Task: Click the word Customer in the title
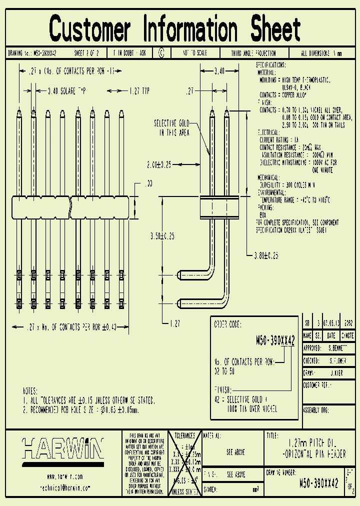click(90, 28)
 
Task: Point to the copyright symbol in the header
click(160, 52)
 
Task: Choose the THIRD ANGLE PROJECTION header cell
click(253, 52)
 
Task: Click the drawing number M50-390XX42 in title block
click(318, 483)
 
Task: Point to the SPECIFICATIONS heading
click(271, 65)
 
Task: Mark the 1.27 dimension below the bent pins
click(174, 323)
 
